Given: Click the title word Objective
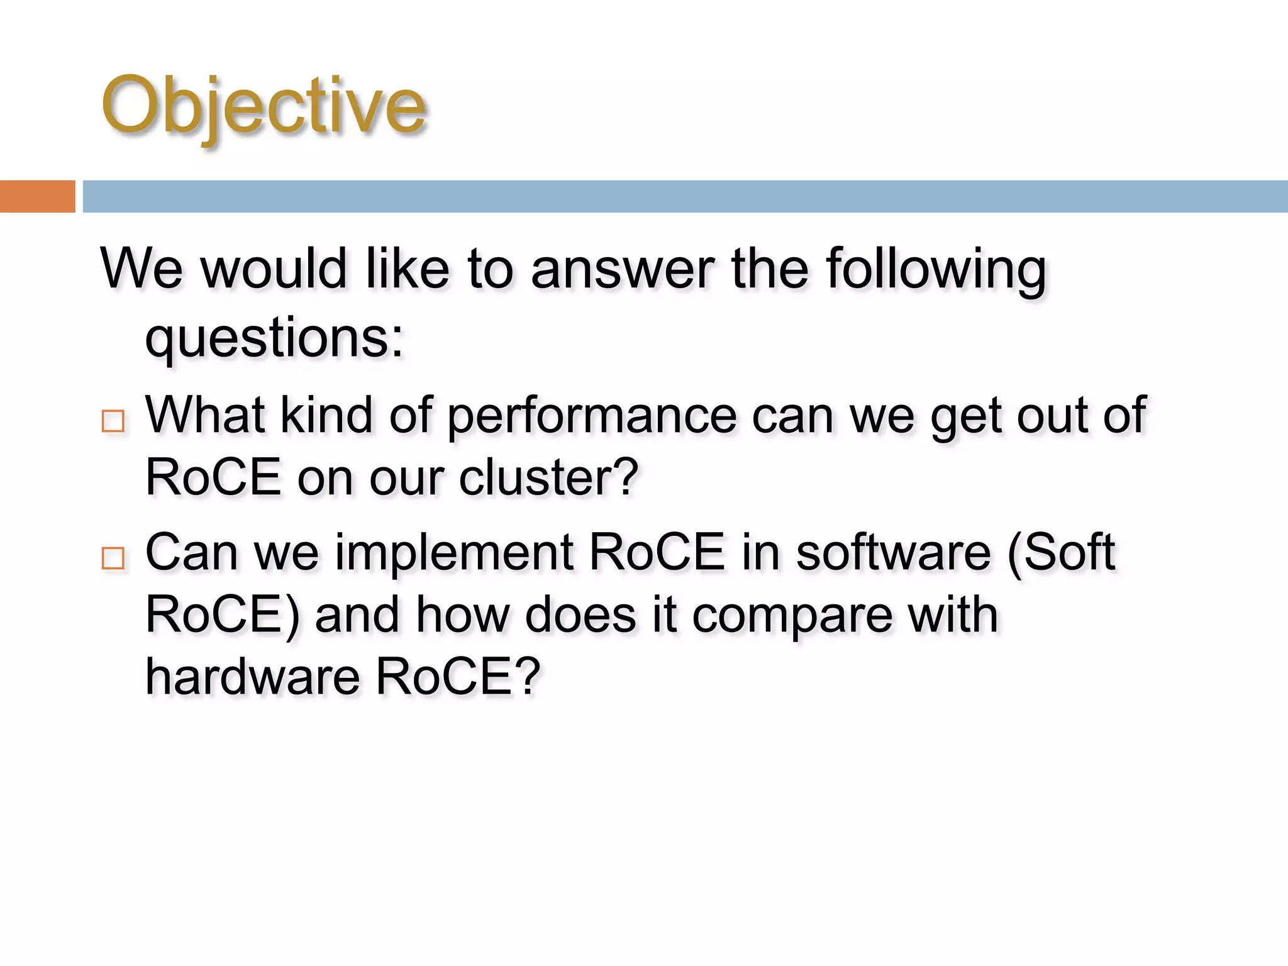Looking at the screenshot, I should point(264,106).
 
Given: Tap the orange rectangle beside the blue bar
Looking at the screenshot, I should point(37,196).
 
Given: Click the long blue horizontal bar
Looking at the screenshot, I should point(684,196).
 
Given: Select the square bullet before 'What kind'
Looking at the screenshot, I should point(113,421).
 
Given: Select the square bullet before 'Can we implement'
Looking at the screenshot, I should point(113,558).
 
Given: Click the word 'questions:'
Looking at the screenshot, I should point(274,340).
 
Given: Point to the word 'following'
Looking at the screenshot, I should point(936,270).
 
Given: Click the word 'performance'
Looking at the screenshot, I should point(592,416).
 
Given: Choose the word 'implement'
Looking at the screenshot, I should point(453,552).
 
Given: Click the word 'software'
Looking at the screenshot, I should point(893,552).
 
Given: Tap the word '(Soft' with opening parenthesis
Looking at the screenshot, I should point(1061,552).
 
